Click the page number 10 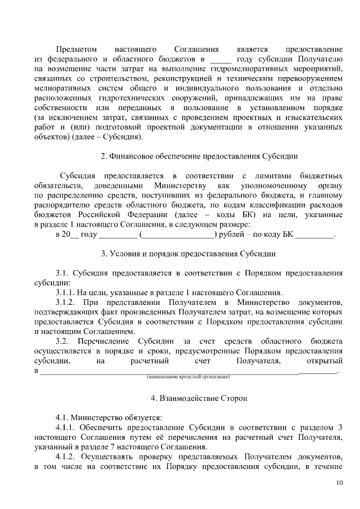(x=338, y=483)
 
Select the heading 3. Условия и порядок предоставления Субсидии (x=188, y=253)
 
